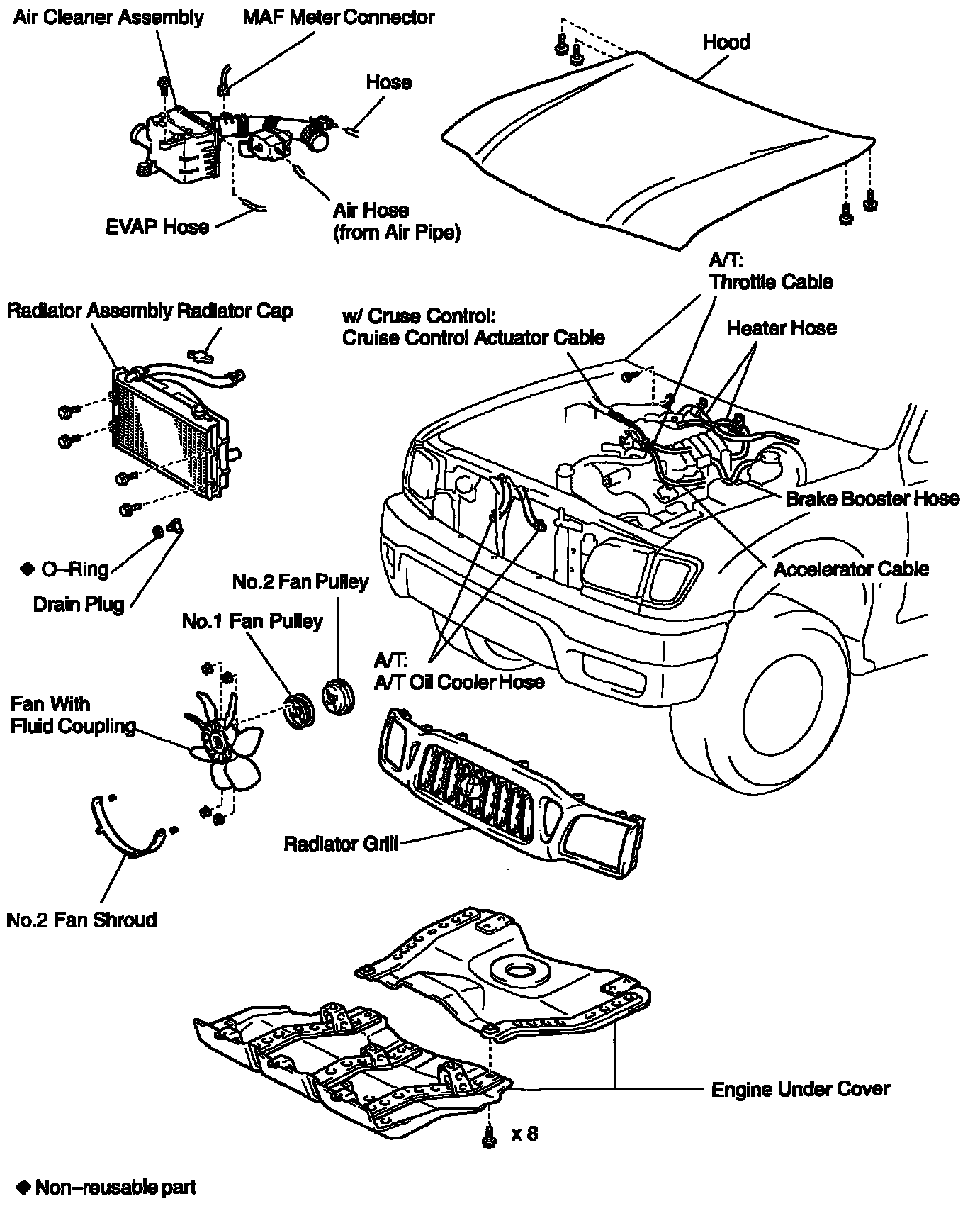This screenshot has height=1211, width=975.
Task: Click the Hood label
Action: (726, 43)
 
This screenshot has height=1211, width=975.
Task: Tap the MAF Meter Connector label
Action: (338, 17)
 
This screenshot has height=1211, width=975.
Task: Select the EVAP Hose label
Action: (157, 227)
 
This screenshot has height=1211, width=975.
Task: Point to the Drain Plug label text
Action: (79, 605)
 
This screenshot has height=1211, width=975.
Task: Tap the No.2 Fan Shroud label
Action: (81, 920)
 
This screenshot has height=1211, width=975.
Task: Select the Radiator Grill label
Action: (340, 844)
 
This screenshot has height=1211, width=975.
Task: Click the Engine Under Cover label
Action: (800, 1089)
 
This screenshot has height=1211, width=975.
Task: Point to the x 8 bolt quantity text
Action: (524, 1134)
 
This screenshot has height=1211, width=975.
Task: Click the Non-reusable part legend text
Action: (115, 1188)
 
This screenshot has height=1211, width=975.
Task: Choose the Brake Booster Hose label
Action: (872, 498)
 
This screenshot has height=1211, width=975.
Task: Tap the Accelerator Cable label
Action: (850, 569)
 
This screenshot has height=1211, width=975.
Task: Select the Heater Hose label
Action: (782, 328)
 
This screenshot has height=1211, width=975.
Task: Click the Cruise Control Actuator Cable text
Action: (473, 338)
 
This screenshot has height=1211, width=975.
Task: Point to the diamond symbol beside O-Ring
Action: (27, 568)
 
